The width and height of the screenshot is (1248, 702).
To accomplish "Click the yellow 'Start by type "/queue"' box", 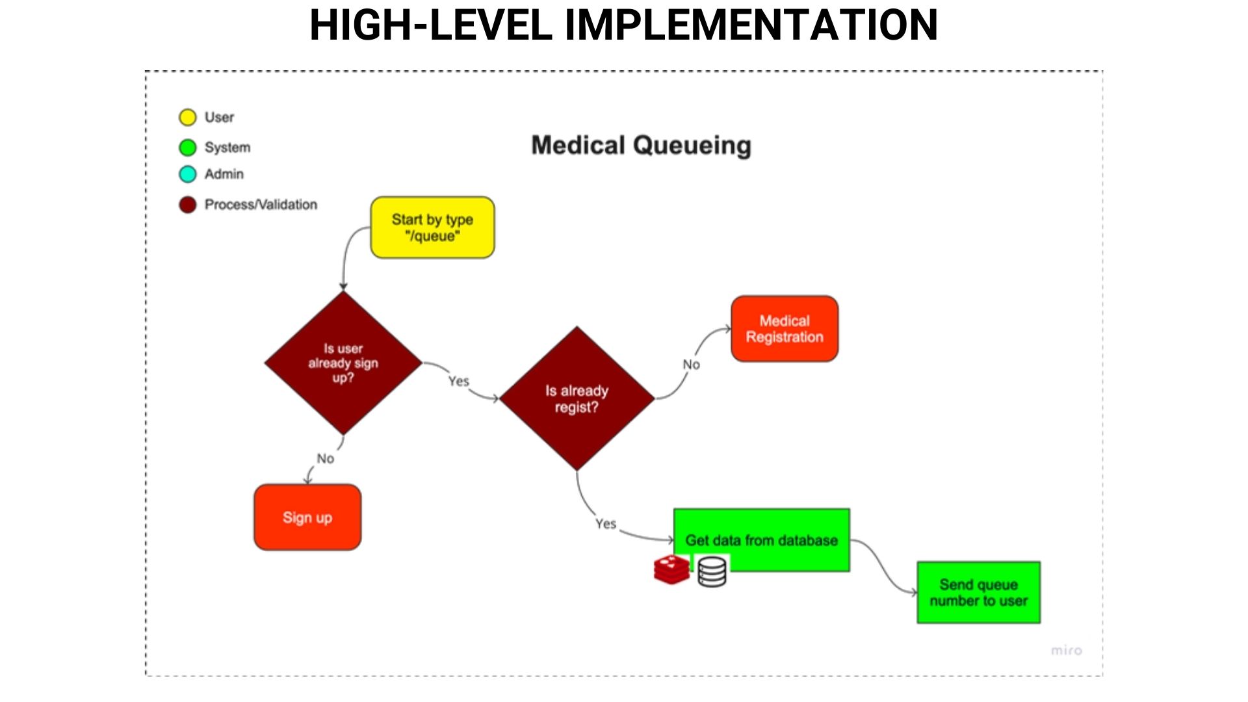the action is [432, 227].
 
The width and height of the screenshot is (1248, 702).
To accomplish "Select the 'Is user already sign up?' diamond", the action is [343, 363].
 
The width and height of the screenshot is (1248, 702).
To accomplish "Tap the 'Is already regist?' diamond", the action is [577, 398].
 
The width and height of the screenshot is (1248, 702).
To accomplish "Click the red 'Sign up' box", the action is [307, 517].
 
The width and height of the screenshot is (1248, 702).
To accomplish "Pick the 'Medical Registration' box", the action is [785, 329].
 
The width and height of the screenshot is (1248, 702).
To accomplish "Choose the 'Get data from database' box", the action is [762, 540].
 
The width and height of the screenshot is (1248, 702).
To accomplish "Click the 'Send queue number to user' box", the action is [979, 593].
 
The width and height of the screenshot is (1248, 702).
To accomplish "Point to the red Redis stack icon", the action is [671, 569].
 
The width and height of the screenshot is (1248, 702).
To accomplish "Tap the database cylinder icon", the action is [712, 572].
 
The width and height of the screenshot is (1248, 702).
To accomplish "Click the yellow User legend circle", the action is [188, 118].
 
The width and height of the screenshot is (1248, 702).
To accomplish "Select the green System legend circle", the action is [188, 148].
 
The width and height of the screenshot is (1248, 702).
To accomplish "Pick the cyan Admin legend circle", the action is [188, 174].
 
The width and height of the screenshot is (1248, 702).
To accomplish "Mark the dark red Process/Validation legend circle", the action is [188, 205].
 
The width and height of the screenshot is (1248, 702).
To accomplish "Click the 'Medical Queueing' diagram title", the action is [642, 146].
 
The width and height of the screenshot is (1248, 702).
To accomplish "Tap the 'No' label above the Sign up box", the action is [326, 459].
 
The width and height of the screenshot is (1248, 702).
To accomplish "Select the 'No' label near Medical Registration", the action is [692, 365].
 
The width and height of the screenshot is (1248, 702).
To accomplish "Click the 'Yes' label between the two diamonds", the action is [459, 381].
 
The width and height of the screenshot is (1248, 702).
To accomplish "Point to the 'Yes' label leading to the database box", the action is [606, 524].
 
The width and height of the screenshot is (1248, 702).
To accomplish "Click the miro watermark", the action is [1067, 650].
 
